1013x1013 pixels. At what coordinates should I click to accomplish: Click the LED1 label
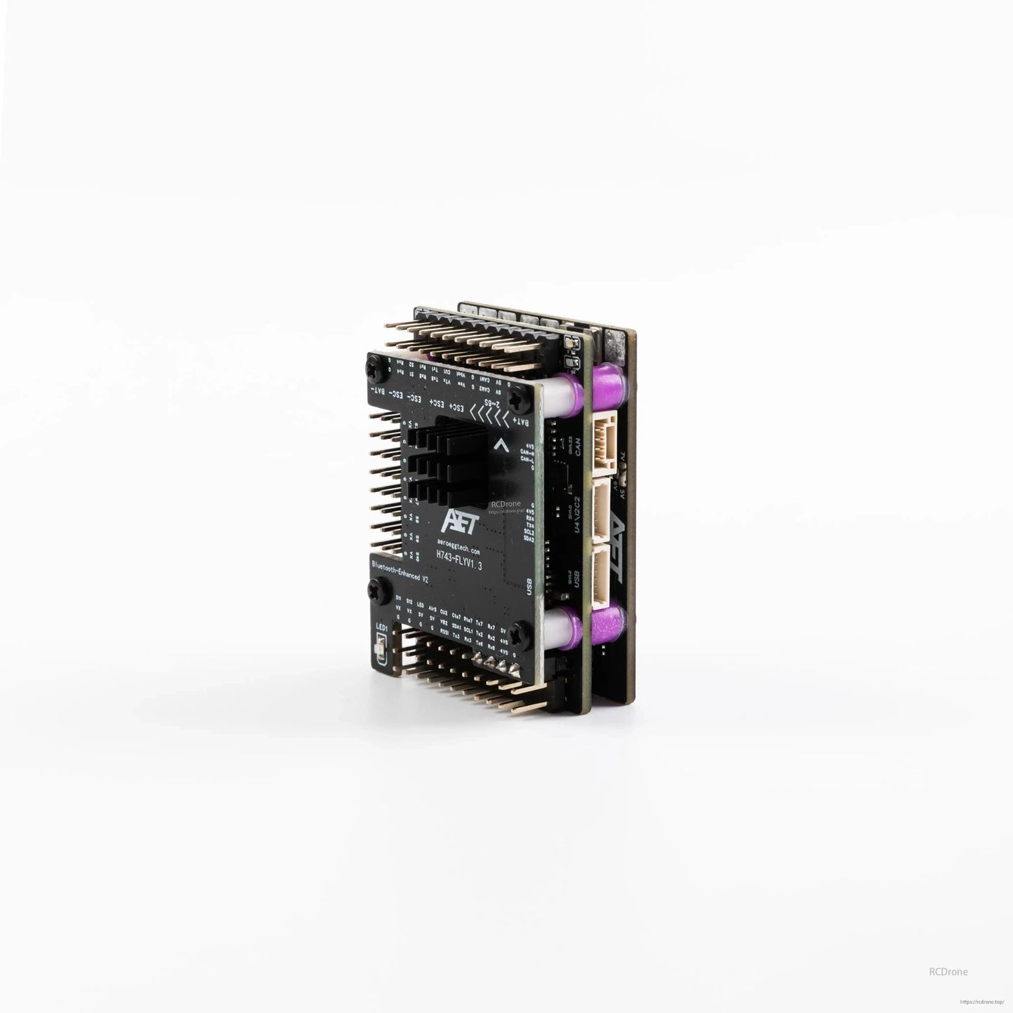(382, 627)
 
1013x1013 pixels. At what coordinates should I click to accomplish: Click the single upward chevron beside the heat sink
(500, 444)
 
